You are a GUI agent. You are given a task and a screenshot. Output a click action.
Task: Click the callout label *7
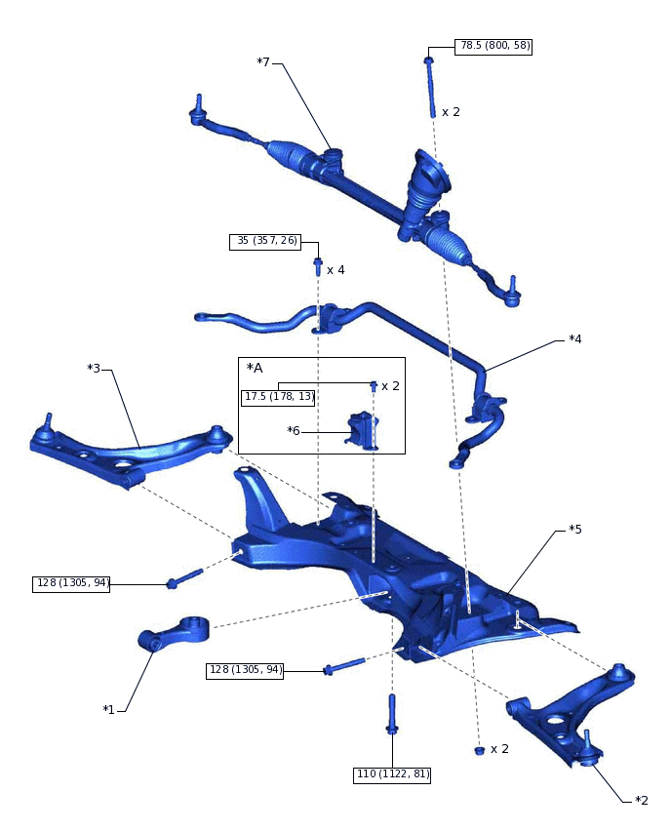tap(263, 63)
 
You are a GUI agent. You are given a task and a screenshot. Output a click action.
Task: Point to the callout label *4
tap(575, 339)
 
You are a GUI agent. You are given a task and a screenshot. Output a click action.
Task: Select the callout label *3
tap(94, 368)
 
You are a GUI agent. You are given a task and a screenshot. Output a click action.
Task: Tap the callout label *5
tap(575, 530)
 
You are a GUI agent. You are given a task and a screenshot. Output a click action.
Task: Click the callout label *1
tap(108, 709)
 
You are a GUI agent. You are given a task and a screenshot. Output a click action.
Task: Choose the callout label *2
tap(641, 801)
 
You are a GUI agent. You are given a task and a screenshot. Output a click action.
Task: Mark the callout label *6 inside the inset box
tap(294, 430)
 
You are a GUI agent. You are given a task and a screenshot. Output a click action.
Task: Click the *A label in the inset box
tap(256, 368)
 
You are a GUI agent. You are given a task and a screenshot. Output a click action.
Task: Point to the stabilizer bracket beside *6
tap(362, 430)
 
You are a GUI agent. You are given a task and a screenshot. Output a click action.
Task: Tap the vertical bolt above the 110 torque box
tap(392, 714)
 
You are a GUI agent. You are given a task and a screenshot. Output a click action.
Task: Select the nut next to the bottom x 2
tap(479, 750)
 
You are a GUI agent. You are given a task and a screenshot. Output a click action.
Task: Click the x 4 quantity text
tap(335, 270)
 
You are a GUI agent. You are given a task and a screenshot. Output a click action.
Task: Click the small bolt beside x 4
tap(318, 265)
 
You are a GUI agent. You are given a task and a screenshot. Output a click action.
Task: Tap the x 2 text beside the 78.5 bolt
tap(451, 112)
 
